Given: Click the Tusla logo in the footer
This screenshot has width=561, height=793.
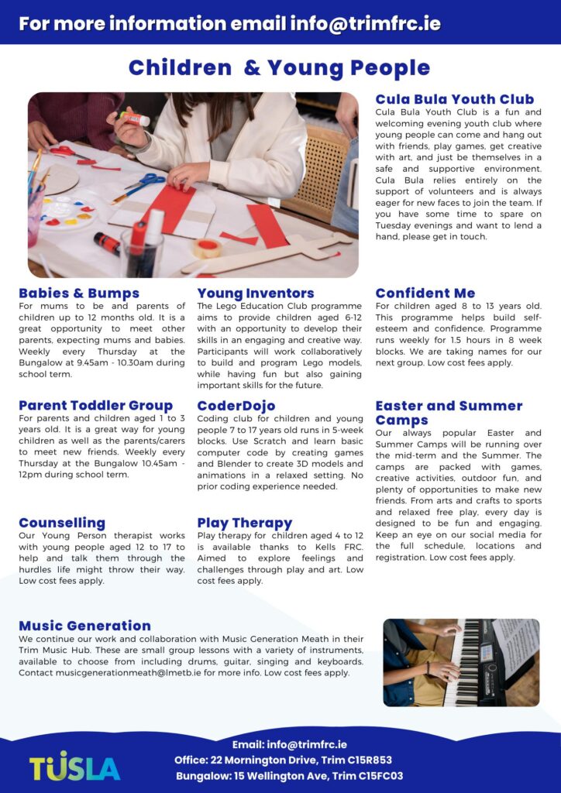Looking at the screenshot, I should [x=75, y=766].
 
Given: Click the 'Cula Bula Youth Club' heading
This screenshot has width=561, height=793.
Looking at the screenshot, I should [x=454, y=99].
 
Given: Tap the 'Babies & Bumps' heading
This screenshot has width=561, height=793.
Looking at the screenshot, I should [x=79, y=294].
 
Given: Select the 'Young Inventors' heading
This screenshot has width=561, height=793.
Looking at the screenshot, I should [x=256, y=294].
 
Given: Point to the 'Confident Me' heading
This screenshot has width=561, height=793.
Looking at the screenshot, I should [x=425, y=294].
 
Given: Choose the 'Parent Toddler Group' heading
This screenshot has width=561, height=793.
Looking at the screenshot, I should [x=95, y=406].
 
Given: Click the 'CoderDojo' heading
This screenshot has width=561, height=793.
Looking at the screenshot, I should [x=236, y=406].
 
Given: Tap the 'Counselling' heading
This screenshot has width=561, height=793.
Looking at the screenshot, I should [x=62, y=524].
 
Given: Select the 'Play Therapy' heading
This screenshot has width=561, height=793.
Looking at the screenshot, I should [x=245, y=524].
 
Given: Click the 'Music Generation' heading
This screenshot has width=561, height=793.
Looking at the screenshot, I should [x=85, y=626].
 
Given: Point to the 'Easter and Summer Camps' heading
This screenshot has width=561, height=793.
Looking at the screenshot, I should [x=449, y=413].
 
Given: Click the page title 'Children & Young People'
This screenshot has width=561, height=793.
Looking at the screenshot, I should [x=279, y=68].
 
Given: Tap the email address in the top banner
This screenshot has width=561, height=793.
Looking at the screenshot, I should [x=365, y=23].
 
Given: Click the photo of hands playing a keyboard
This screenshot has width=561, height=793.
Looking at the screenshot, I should [x=461, y=662].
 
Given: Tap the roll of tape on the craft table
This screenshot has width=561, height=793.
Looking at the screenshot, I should [x=207, y=248].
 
